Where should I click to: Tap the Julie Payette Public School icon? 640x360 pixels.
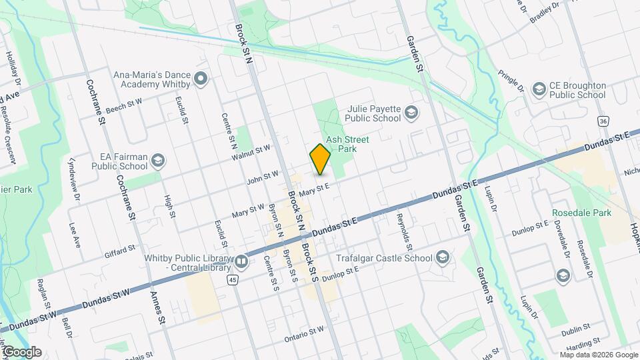pos(411,112)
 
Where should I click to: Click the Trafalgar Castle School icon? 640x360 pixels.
pos(442,258)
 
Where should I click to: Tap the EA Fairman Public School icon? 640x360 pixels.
pos(157,161)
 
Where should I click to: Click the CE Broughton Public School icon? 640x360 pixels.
pos(539,89)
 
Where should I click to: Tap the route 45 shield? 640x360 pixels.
pos(231,281)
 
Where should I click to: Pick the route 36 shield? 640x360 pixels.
pos(603,122)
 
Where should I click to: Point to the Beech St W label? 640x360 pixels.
pos(124,105)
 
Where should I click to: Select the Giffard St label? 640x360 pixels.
pos(120,251)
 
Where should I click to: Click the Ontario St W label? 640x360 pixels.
pos(305,333)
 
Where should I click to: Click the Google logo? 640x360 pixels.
pos(22,351)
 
